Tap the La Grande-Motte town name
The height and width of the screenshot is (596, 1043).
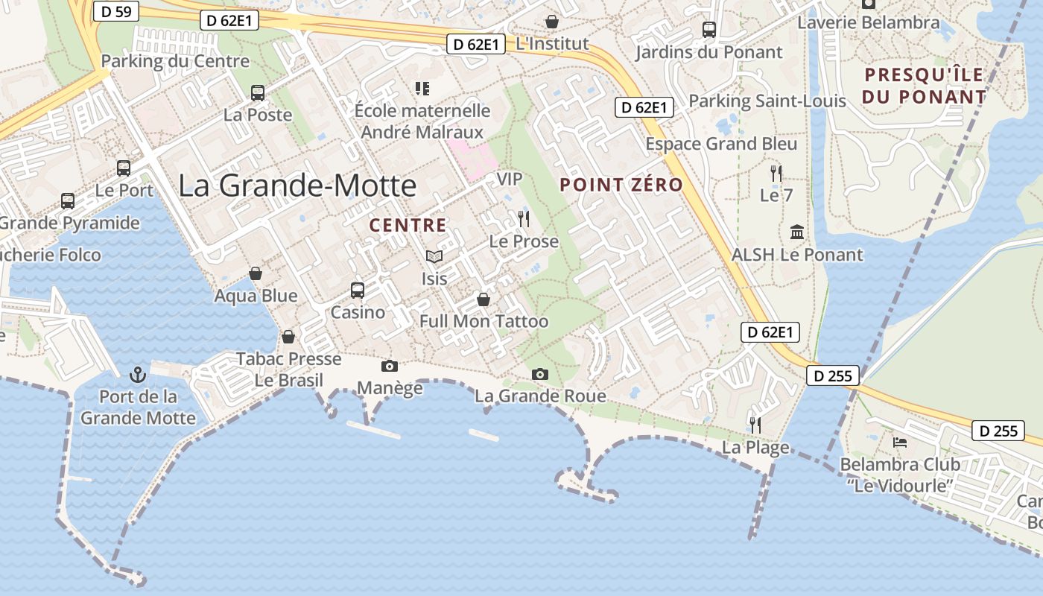[297, 186]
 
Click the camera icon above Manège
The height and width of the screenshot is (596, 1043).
[389, 366]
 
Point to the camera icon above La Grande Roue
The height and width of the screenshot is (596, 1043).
[540, 374]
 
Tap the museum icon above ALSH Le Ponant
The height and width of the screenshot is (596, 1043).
[797, 232]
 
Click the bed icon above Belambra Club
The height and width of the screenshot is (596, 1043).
[900, 442]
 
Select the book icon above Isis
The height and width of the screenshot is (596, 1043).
[434, 256]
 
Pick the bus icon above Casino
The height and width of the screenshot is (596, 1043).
[358, 290]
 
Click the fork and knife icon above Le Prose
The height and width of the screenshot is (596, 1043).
[524, 218]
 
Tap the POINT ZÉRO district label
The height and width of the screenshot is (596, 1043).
[621, 185]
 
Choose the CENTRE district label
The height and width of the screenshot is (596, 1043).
[408, 225]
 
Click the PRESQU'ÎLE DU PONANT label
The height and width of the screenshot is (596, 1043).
[924, 86]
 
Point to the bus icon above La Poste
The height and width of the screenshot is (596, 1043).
[258, 93]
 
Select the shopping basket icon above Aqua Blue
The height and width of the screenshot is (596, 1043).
[256, 273]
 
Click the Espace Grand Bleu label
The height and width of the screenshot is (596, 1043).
[721, 144]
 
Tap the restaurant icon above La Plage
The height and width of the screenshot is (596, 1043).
[755, 425]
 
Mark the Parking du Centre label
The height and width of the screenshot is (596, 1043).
[175, 61]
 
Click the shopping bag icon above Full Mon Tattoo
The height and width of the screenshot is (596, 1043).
[484, 299]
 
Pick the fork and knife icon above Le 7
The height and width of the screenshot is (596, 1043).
[776, 174]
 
